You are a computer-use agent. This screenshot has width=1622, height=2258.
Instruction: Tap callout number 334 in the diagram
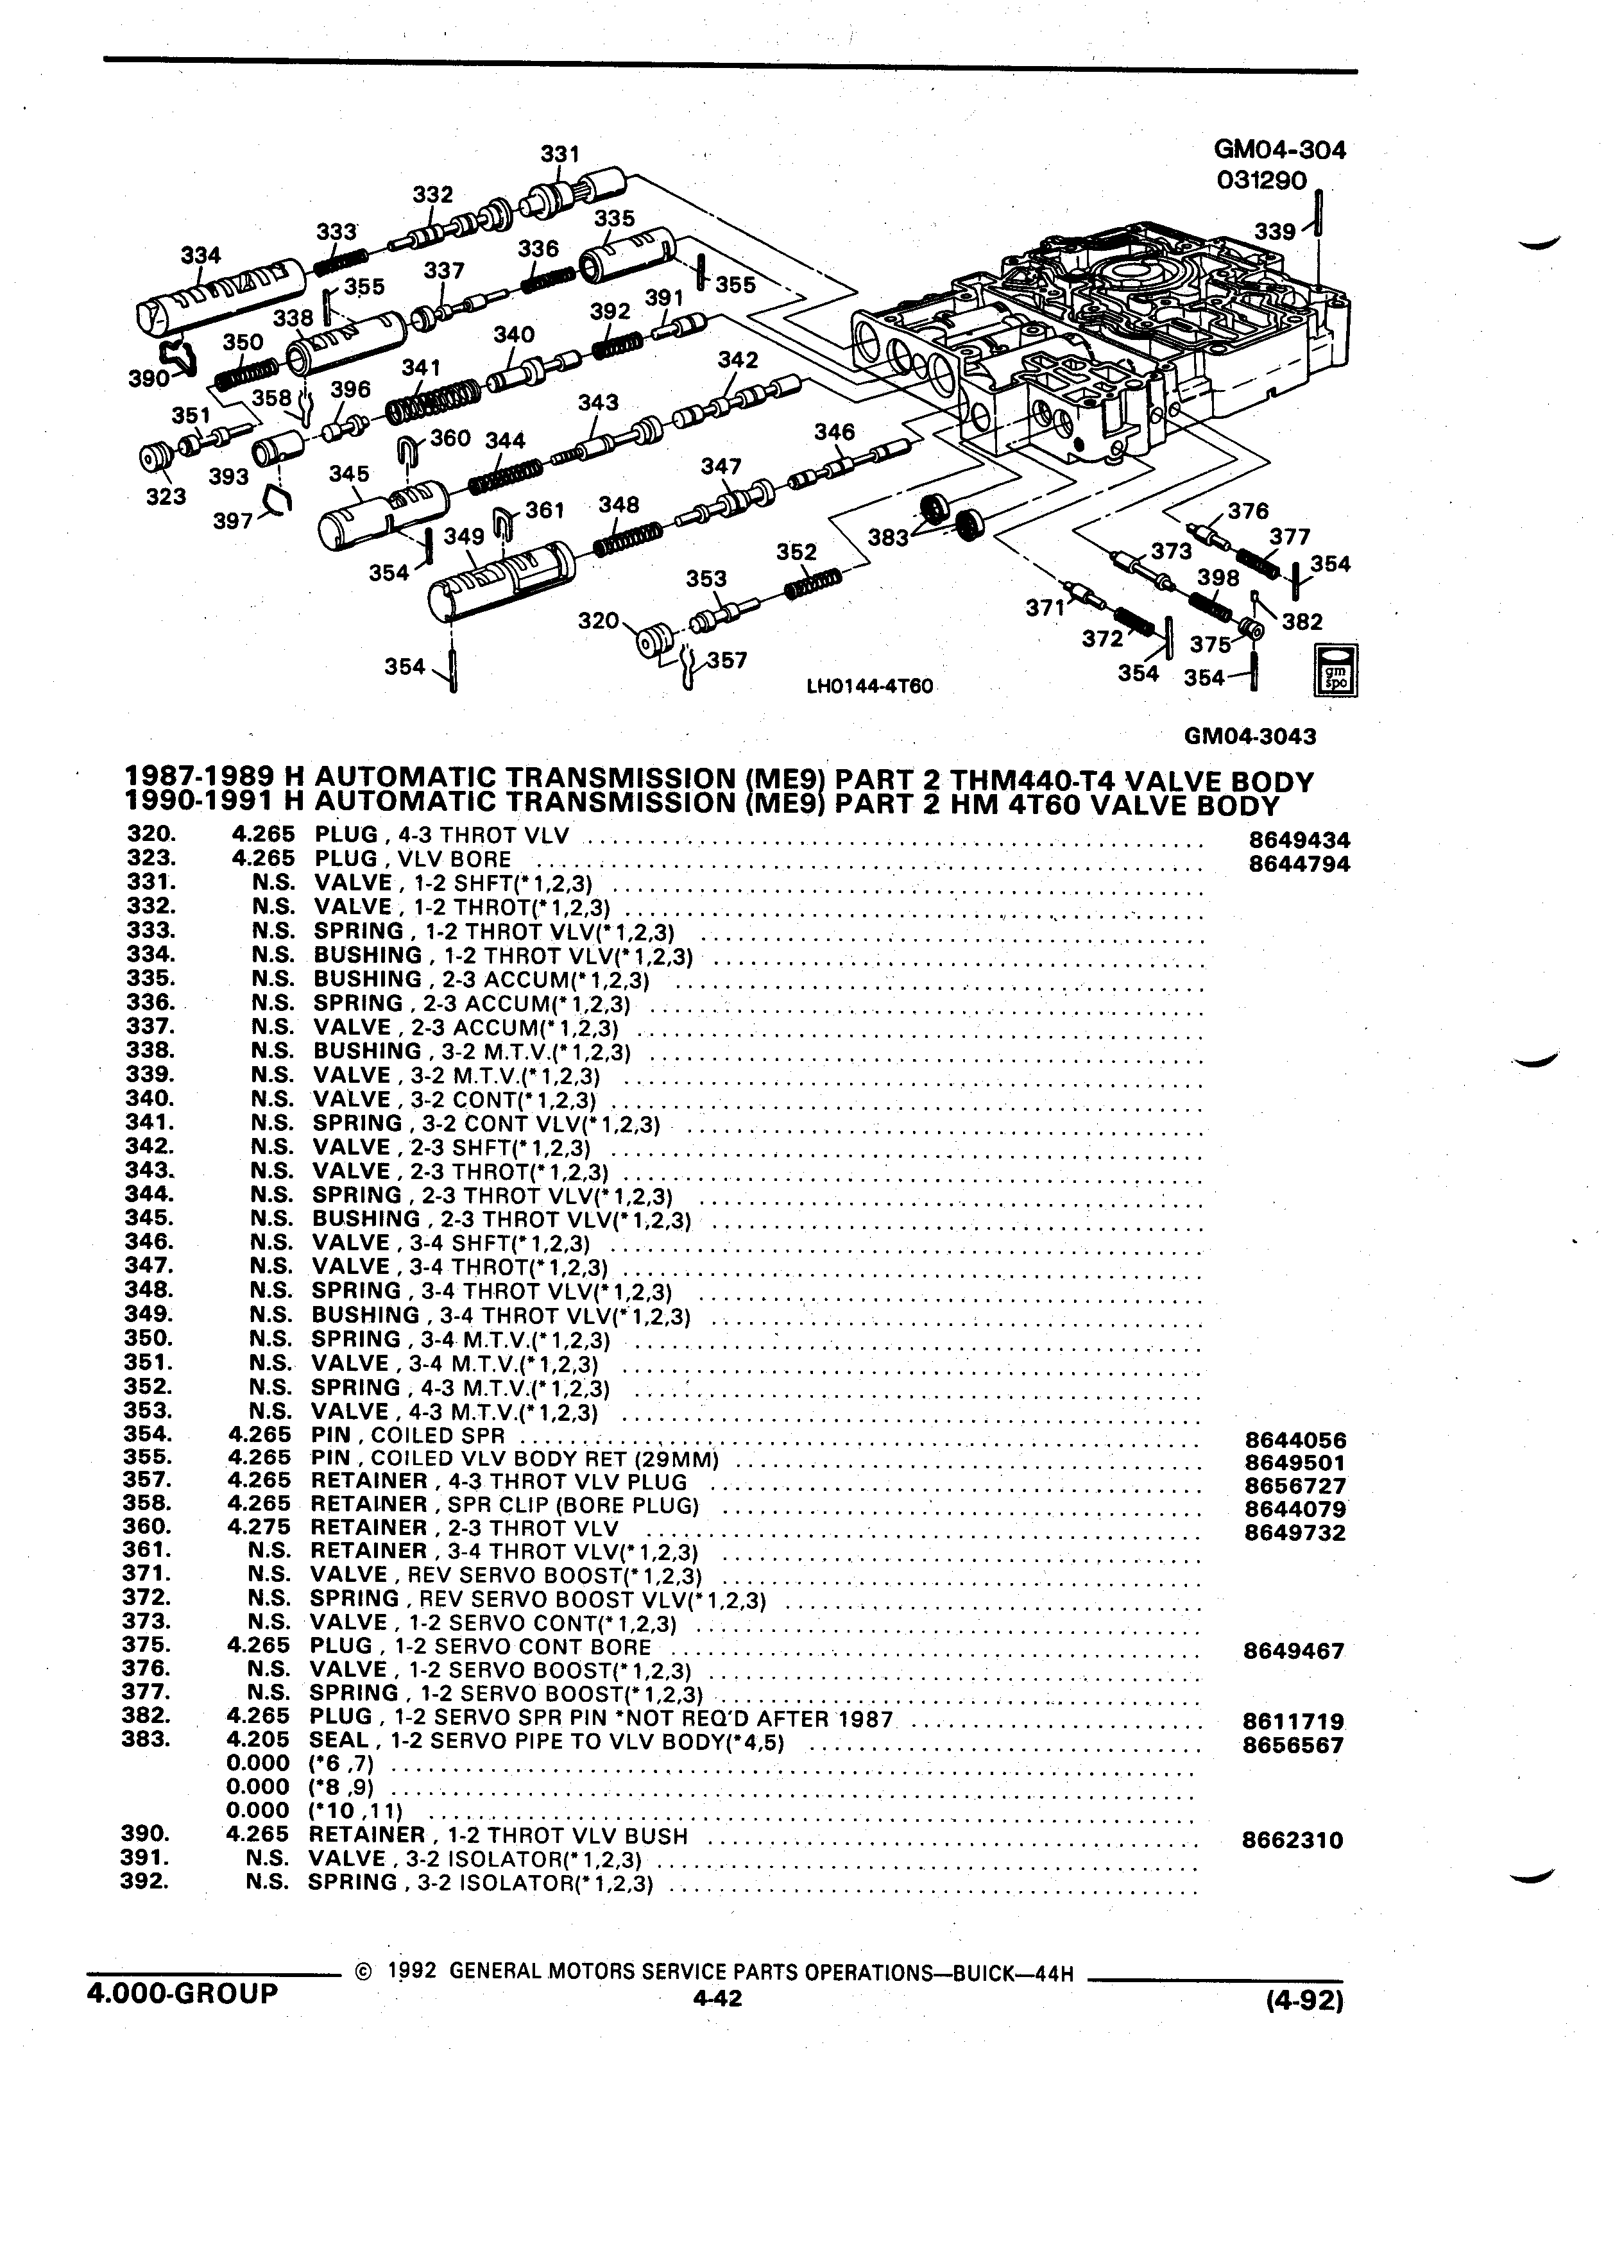click(200, 255)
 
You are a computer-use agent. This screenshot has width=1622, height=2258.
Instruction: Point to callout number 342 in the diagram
click(738, 361)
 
